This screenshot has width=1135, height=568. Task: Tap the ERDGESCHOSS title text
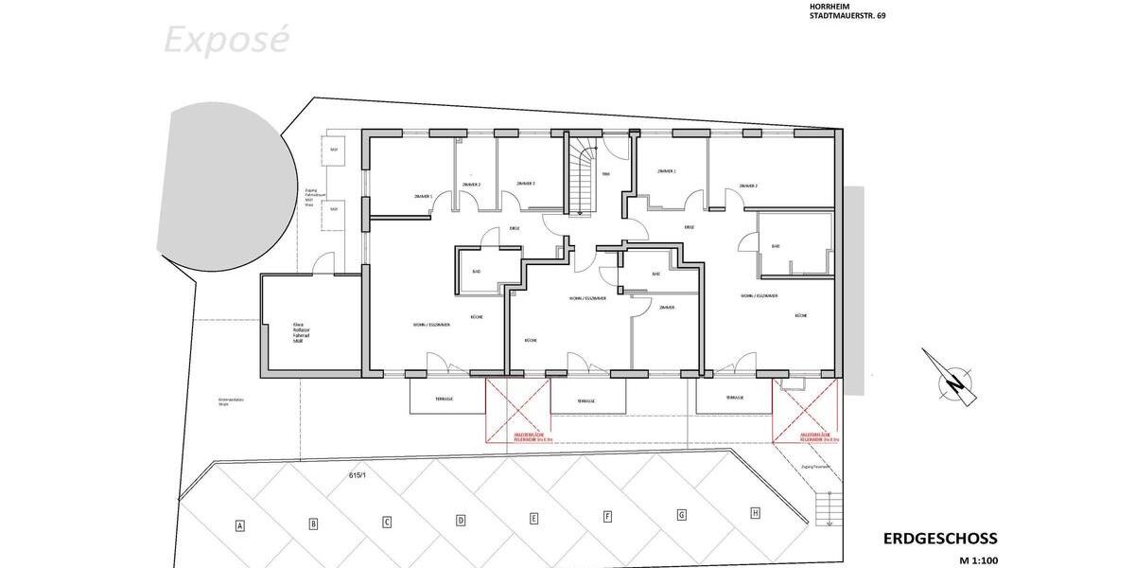tap(940, 539)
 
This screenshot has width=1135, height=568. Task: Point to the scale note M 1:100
tap(979, 560)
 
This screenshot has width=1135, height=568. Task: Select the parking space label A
tap(240, 525)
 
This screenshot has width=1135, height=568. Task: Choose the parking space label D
tap(461, 520)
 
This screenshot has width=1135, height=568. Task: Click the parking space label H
tap(755, 513)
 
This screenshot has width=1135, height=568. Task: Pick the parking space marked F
tap(608, 517)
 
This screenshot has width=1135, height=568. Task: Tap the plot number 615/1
tap(357, 476)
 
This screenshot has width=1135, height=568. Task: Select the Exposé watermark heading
tap(226, 40)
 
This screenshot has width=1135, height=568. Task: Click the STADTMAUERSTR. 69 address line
tap(847, 16)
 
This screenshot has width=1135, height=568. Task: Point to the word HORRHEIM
tap(829, 6)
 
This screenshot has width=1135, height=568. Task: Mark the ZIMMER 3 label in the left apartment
tap(526, 184)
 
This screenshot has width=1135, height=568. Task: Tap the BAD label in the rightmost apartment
tap(776, 246)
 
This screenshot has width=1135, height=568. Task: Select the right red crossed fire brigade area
tap(806, 410)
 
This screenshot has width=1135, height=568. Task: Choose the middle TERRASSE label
tap(585, 401)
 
